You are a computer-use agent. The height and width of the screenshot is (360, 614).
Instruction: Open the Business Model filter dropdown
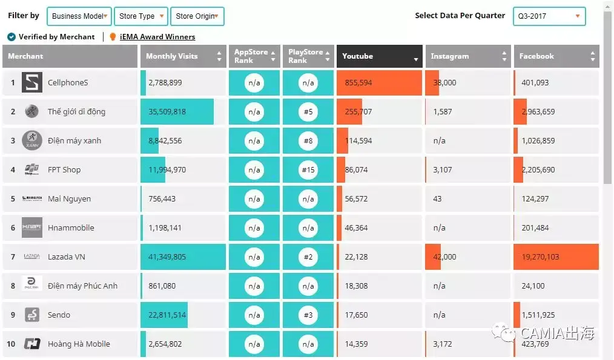click(79, 16)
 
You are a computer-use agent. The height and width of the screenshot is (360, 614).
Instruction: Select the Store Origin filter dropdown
click(197, 16)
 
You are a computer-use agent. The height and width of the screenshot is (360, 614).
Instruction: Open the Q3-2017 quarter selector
click(549, 16)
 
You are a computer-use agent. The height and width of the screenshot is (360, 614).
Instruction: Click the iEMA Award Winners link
click(157, 37)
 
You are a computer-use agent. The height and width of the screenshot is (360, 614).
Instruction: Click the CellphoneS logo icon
click(32, 82)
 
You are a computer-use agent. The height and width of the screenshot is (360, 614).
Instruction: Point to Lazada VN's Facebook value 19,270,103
click(540, 257)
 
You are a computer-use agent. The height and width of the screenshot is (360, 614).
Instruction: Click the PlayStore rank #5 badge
click(308, 112)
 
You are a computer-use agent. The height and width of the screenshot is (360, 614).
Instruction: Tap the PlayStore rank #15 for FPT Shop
click(308, 170)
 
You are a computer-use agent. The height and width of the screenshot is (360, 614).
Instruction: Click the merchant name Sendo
click(59, 315)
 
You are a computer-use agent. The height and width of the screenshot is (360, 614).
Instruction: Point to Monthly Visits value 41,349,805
click(167, 257)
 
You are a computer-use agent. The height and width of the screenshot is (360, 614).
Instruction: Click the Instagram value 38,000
click(444, 83)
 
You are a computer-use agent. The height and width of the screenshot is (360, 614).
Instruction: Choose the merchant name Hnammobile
click(71, 228)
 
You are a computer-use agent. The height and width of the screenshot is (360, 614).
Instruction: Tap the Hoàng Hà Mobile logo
click(32, 344)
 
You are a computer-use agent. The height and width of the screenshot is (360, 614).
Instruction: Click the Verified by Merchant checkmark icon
click(12, 37)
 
